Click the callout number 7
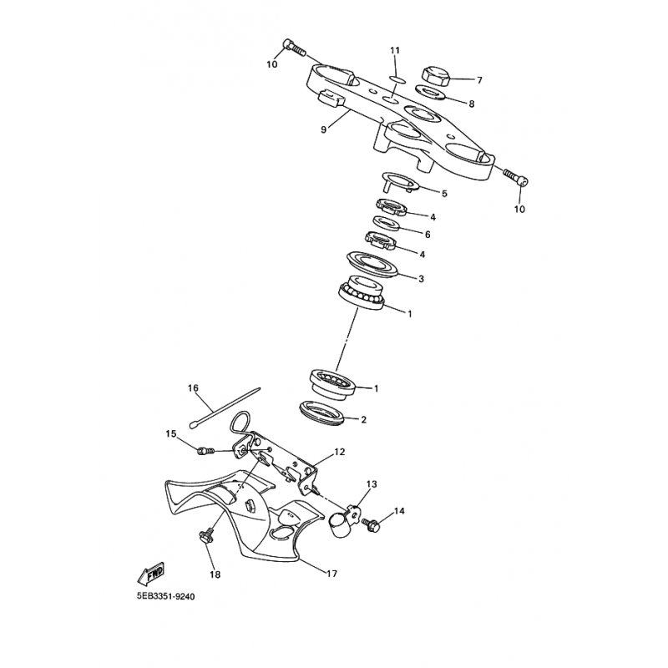[x=479, y=81]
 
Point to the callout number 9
[x=324, y=129]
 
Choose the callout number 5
[x=444, y=193]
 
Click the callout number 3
[x=421, y=279]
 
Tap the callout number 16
[x=193, y=388]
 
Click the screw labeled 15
[x=203, y=451]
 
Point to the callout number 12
[x=339, y=452]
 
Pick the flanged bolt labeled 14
[x=372, y=525]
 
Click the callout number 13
[x=372, y=484]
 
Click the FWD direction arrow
[x=149, y=575]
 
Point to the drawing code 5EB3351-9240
[x=170, y=598]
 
